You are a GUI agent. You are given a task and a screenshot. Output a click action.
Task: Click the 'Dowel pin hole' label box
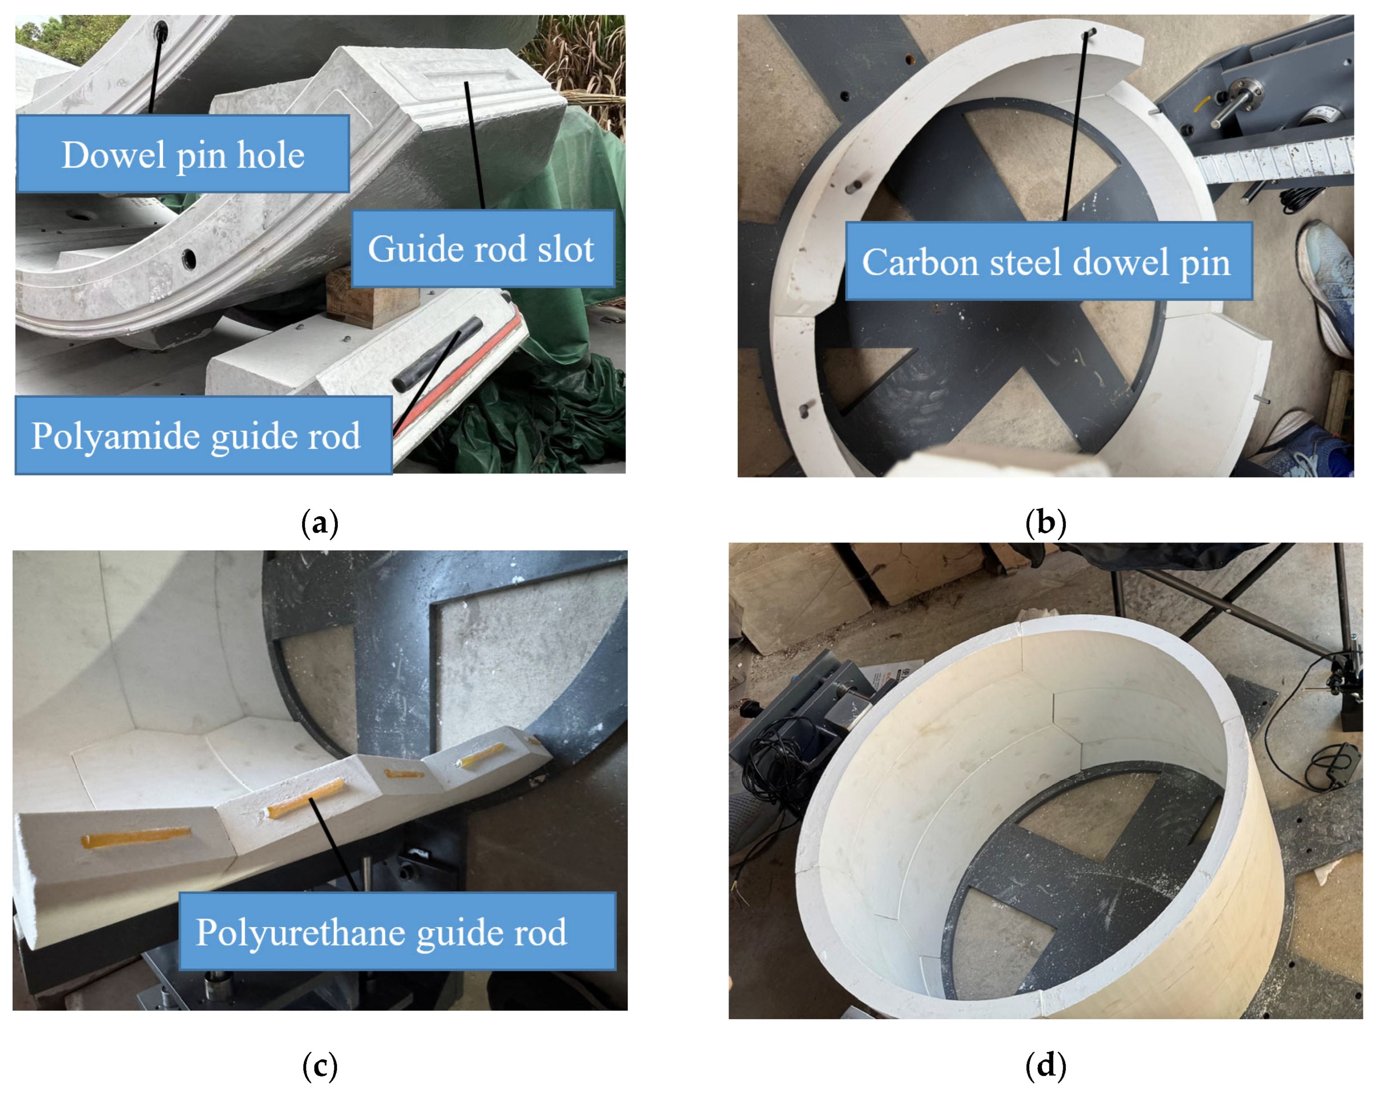click(x=183, y=154)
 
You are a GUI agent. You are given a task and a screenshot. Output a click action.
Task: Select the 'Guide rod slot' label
click(x=483, y=248)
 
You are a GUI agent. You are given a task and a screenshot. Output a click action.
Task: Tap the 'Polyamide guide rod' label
click(x=204, y=435)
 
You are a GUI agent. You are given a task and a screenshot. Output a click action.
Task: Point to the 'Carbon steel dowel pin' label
click(x=1049, y=261)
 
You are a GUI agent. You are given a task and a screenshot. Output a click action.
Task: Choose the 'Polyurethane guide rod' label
click(x=397, y=931)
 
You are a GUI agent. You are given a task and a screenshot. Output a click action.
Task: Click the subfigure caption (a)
click(x=319, y=523)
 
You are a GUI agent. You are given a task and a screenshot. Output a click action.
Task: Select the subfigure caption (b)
click(x=1045, y=523)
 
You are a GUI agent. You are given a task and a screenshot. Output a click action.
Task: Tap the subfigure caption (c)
click(x=319, y=1066)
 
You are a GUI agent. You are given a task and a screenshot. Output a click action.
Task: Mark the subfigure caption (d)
click(x=1045, y=1066)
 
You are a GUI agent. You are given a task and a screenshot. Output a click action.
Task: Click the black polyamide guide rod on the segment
click(x=438, y=353)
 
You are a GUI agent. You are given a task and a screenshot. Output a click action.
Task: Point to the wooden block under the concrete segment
click(x=364, y=297)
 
